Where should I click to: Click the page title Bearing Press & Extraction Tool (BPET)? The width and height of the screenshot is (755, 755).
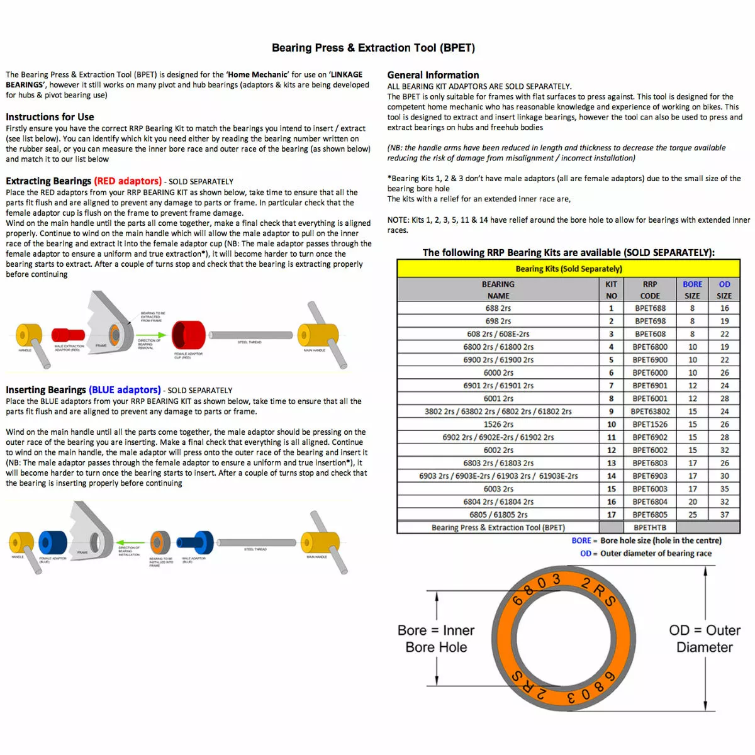(x=373, y=48)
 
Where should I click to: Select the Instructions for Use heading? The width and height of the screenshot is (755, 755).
(x=50, y=117)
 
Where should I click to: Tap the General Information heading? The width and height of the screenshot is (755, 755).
(x=433, y=75)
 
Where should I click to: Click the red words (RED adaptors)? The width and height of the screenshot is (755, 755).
(x=128, y=181)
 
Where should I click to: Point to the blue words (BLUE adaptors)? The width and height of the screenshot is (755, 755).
(x=125, y=390)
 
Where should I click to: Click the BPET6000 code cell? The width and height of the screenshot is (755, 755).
(x=650, y=373)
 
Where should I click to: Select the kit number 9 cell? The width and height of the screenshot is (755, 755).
(x=611, y=411)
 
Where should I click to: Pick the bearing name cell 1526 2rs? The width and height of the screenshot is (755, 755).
(x=498, y=425)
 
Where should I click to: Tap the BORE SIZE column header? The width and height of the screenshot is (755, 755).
(x=692, y=290)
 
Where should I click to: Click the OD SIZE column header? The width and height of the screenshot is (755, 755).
(x=724, y=290)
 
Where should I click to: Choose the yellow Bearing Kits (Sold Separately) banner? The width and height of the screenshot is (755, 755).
(x=568, y=269)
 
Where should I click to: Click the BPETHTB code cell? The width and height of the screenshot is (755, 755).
(x=650, y=528)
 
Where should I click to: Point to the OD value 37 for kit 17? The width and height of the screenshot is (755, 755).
(x=724, y=515)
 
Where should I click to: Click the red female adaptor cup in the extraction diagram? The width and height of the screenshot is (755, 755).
(x=188, y=335)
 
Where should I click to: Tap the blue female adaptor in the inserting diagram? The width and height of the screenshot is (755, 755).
(x=53, y=543)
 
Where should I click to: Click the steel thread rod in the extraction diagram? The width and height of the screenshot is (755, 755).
(x=250, y=335)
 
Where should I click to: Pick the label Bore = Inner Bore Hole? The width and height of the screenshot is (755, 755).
(x=436, y=639)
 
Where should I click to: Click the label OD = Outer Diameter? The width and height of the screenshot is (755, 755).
(x=705, y=639)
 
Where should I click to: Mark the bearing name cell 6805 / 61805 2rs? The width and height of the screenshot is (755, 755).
(x=498, y=515)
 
